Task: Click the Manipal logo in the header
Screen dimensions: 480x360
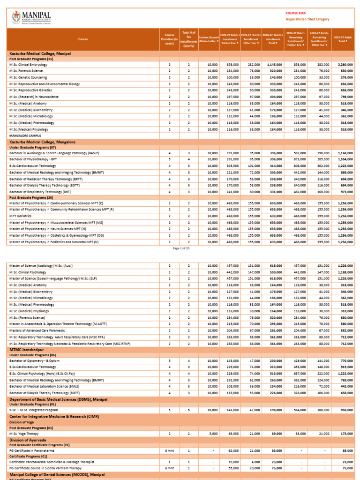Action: click(31, 18)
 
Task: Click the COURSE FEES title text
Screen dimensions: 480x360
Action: click(295, 13)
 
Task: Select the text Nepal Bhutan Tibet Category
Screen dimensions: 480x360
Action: click(307, 20)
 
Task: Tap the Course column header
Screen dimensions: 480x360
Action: click(83, 39)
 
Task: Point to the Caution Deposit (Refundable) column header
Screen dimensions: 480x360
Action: click(209, 39)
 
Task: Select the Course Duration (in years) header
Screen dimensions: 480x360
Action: click(169, 39)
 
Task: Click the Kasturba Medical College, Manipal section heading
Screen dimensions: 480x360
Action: click(40, 54)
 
